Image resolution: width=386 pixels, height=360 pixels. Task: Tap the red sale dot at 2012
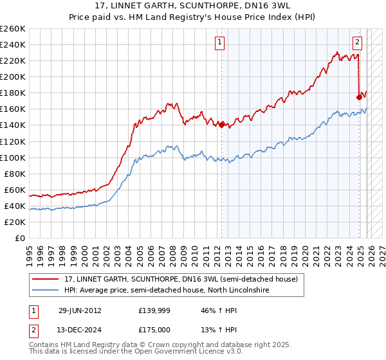coord(221,125)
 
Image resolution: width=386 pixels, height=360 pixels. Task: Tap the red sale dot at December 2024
coord(360,97)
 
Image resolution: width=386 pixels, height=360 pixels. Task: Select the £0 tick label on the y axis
coord(19,239)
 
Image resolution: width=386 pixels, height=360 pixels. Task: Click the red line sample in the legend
coord(46,280)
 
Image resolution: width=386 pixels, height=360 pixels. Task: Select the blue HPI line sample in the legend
coord(46,291)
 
